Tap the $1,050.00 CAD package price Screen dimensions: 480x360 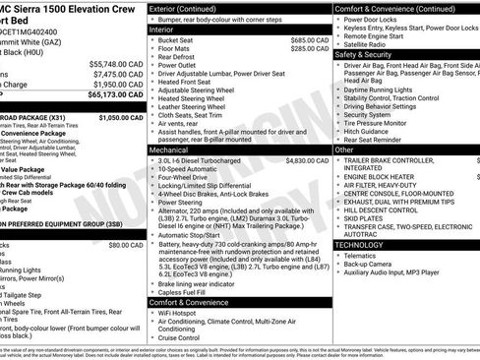click(x=122, y=117)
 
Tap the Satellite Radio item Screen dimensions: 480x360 click(x=367, y=43)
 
